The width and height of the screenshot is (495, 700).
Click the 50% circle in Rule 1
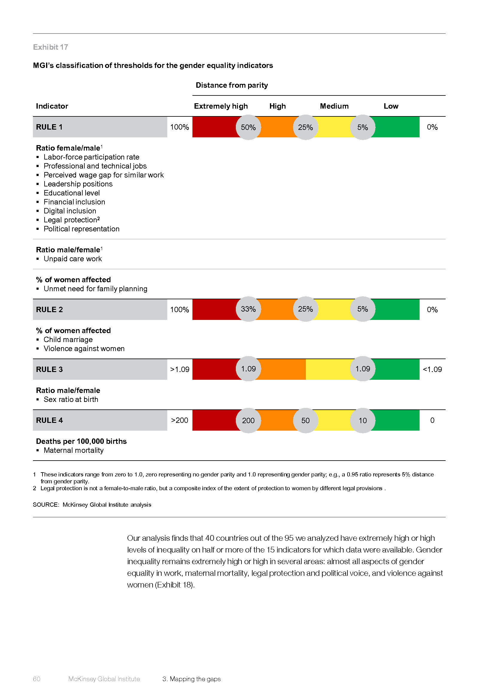[x=248, y=127]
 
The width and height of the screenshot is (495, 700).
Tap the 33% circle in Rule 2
[x=248, y=309]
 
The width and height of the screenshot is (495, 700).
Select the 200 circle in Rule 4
[x=248, y=420]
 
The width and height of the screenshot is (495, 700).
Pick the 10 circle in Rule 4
[x=362, y=420]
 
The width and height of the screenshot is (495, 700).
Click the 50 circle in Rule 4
[x=306, y=420]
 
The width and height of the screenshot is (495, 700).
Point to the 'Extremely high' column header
[x=221, y=106]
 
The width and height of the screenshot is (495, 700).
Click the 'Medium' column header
[x=334, y=106]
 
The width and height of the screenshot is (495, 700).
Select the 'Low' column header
[x=391, y=106]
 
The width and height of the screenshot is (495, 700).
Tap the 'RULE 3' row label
[x=49, y=370]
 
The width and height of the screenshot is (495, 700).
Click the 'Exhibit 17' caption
[x=51, y=47]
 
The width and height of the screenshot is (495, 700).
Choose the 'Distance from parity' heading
[x=232, y=85]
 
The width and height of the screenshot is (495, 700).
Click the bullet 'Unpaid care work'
[x=72, y=259]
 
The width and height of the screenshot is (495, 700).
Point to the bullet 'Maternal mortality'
[x=73, y=450]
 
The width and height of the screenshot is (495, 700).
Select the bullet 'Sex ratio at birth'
[x=71, y=400]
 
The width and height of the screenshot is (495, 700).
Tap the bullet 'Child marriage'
[x=68, y=340]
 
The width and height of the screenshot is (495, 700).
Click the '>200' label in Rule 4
[x=180, y=420]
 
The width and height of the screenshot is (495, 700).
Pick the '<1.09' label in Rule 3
[x=432, y=370]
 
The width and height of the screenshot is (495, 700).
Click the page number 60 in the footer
[x=37, y=679]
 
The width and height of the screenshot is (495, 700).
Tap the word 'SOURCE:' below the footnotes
[x=46, y=505]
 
